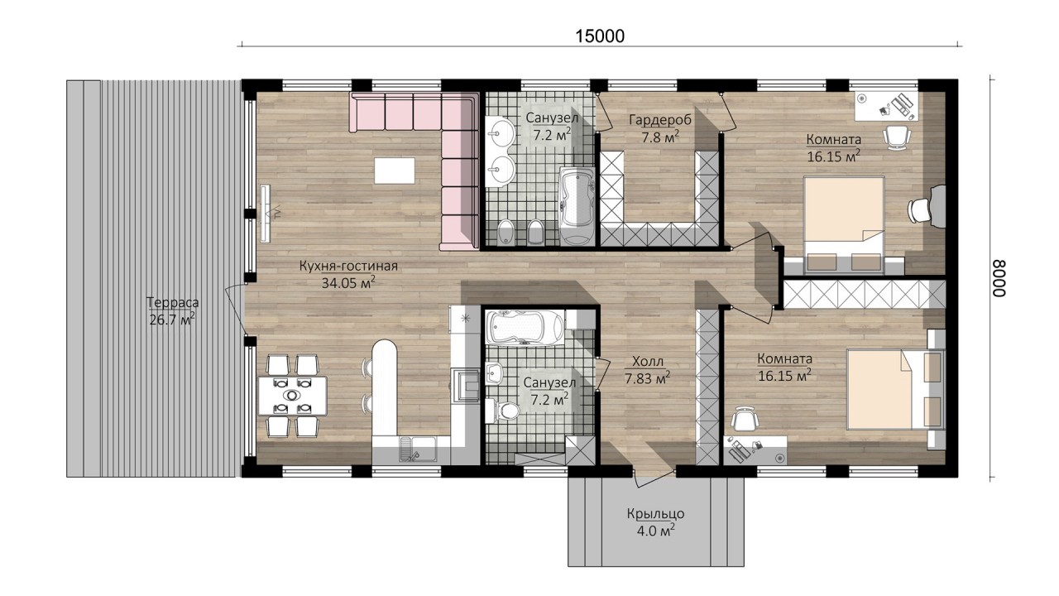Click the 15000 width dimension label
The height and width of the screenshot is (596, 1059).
pos(600,36)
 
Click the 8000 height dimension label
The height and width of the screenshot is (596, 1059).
pos(999,279)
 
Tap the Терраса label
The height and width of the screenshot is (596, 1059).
pos(173,302)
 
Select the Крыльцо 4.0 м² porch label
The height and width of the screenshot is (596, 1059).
pos(656,522)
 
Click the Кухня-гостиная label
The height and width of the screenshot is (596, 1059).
pos(348,266)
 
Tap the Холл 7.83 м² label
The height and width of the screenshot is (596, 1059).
pos(647,370)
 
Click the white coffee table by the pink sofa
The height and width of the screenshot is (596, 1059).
pos(395,171)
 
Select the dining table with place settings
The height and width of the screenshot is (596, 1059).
pos(293,396)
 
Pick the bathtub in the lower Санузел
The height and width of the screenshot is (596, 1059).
pos(525,327)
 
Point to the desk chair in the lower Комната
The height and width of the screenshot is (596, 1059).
pos(744,419)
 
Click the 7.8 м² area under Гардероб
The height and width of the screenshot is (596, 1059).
pos(660,137)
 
